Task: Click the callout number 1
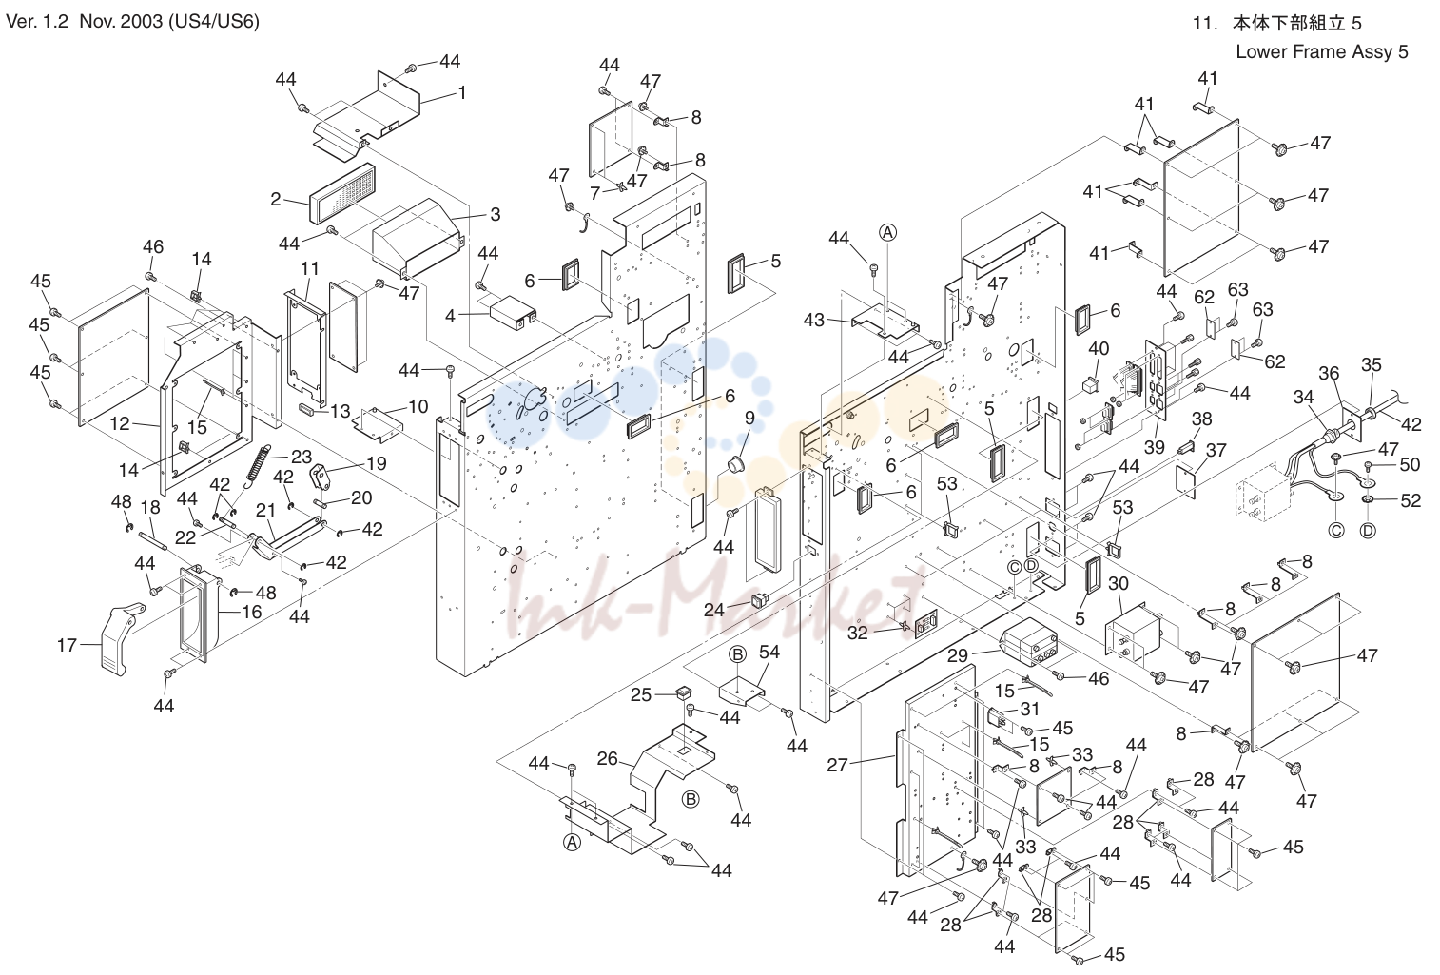461,93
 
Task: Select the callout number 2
275,199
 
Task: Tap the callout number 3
495,214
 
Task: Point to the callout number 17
67,645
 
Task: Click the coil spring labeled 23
258,471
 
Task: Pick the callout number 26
608,758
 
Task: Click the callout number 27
837,765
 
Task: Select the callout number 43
814,320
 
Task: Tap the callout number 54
769,652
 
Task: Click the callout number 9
749,419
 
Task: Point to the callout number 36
1329,373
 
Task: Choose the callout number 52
1411,500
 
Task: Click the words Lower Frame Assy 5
1322,51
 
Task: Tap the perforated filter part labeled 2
342,193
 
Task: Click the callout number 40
1099,348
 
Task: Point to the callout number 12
120,423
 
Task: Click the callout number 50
1410,464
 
